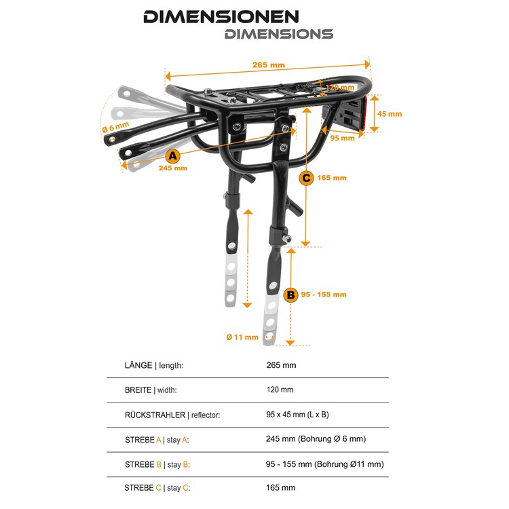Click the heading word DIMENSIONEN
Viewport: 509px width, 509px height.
[221, 17]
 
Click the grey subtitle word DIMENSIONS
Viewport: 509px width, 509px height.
[279, 34]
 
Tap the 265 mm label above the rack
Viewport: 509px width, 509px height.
[269, 65]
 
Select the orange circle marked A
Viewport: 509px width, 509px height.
[172, 156]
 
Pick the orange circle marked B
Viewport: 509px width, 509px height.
[290, 295]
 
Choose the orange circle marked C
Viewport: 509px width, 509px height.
[306, 178]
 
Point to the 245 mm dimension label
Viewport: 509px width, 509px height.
[173, 168]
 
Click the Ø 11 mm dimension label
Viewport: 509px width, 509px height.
[242, 337]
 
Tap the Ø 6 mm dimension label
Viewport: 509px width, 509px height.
[115, 127]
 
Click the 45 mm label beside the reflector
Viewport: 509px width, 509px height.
[390, 114]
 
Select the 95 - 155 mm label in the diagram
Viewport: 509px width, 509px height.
[324, 295]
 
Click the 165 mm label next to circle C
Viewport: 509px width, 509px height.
[332, 178]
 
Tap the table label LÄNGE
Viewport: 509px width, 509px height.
[138, 365]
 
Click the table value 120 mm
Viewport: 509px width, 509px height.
[280, 390]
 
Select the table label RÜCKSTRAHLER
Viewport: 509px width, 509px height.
[155, 415]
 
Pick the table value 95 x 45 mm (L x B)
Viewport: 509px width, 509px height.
[298, 415]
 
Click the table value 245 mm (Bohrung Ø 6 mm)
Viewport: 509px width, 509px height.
[316, 439]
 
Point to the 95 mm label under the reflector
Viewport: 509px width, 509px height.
[343, 138]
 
